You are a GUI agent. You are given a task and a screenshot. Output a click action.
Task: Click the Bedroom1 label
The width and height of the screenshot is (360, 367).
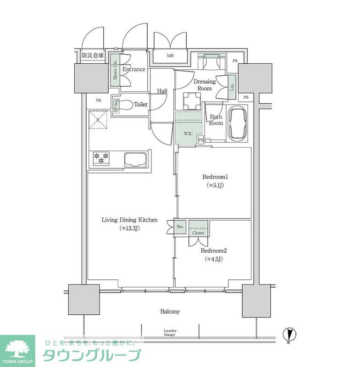click(215, 177)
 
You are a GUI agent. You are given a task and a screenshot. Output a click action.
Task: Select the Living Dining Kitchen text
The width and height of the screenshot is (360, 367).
click(129, 220)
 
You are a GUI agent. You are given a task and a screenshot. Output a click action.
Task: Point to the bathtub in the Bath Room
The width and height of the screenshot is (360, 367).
click(238, 123)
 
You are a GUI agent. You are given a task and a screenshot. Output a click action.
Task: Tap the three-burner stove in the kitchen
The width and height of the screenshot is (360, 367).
click(101, 158)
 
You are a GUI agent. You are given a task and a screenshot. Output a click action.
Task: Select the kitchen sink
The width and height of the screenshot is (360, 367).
click(135, 159)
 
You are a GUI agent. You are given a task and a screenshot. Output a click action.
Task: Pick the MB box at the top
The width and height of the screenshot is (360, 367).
click(170, 56)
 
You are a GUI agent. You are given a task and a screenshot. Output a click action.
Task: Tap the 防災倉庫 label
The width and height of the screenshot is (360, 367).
click(92, 56)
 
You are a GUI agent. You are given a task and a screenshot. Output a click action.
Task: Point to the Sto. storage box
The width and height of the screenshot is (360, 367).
click(180, 227)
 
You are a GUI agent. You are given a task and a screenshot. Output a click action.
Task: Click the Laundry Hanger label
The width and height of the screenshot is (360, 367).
click(170, 333)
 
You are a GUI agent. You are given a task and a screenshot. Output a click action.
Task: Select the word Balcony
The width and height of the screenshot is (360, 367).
click(170, 311)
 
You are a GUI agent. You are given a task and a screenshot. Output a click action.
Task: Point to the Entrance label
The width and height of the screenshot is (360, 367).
click(134, 69)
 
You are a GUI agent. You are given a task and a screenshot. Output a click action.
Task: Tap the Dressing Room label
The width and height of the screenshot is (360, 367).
click(205, 85)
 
